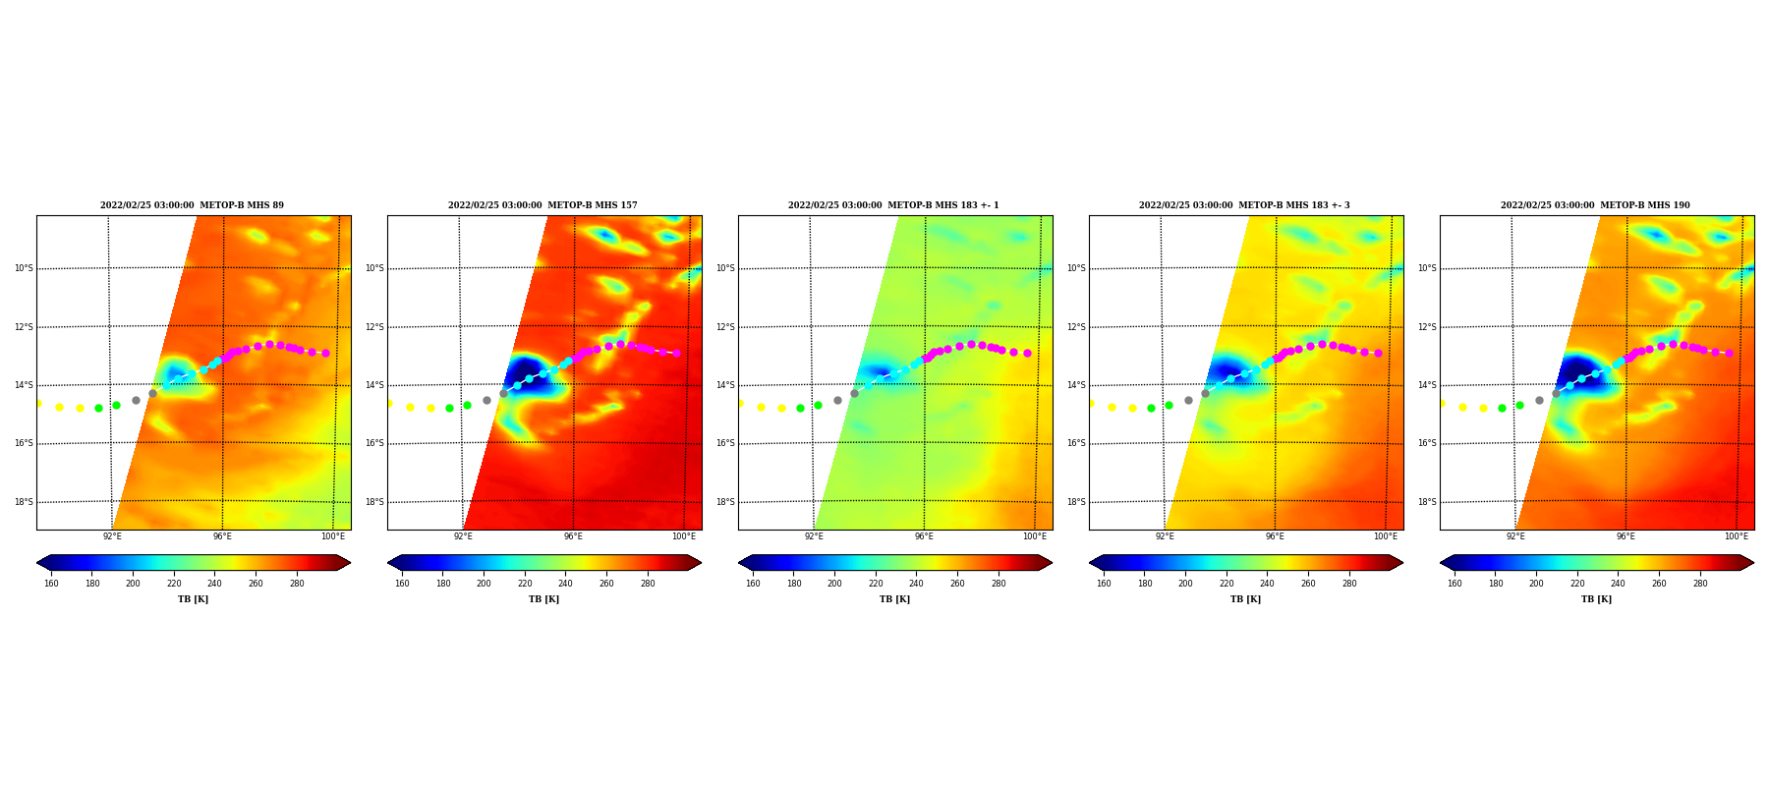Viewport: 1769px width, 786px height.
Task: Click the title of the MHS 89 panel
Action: [192, 205]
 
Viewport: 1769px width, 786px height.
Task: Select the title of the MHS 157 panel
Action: [542, 205]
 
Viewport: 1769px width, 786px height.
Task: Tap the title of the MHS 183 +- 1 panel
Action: [893, 205]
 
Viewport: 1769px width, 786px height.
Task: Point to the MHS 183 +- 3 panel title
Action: [1244, 205]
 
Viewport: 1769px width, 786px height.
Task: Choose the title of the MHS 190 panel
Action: [1595, 205]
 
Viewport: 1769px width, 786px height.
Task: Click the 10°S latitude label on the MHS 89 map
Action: [23, 268]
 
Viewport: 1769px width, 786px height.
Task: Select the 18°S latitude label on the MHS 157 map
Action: [374, 502]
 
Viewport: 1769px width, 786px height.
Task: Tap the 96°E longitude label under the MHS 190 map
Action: [1626, 536]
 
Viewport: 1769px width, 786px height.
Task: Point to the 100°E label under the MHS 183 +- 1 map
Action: [1034, 536]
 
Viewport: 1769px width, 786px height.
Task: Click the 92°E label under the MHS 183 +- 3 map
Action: [1165, 536]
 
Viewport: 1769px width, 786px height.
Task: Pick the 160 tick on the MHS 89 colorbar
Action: [51, 584]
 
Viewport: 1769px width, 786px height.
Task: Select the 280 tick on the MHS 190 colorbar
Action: [1700, 584]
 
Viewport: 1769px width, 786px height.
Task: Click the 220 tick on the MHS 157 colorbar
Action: [525, 584]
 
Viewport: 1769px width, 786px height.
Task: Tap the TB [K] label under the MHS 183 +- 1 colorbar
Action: [894, 599]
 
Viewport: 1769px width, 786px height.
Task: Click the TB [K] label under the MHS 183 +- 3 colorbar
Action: [1245, 599]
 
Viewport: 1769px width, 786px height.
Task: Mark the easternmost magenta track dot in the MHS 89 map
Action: [325, 353]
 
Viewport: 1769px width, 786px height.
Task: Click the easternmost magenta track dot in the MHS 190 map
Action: [1729, 353]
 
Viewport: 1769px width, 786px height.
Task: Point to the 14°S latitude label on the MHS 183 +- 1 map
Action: [724, 385]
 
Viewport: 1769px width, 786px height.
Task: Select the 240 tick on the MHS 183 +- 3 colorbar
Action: [1267, 584]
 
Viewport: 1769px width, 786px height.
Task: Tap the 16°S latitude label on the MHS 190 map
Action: [1426, 443]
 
